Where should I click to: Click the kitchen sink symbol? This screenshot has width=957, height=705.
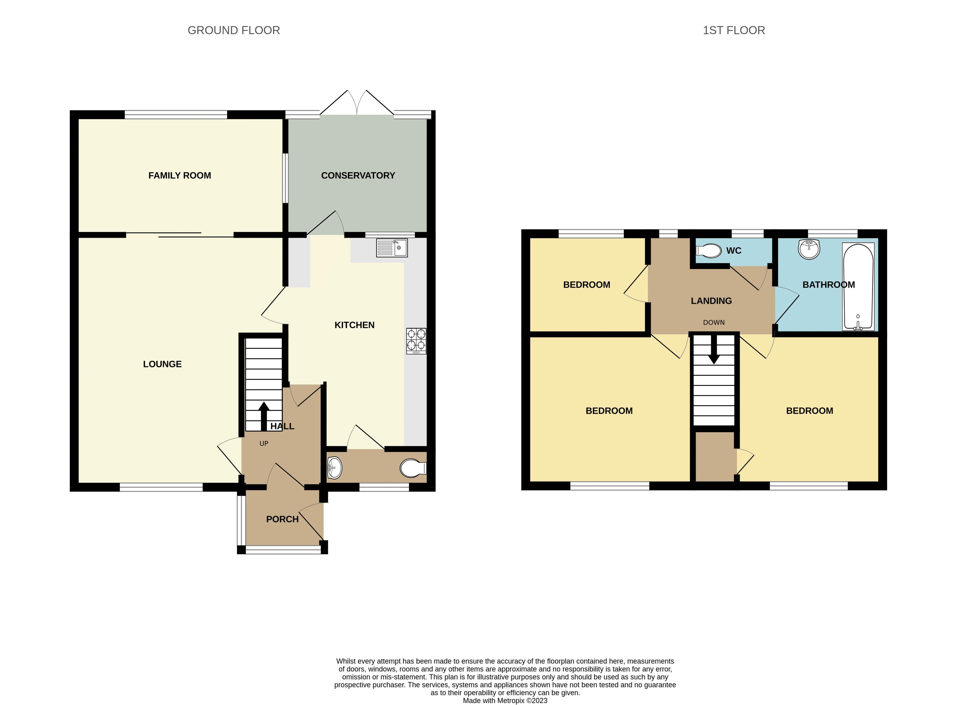pos(392,247)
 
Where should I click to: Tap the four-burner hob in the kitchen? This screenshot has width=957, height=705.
pos(416,340)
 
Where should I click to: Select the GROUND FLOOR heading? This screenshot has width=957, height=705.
pos(234,30)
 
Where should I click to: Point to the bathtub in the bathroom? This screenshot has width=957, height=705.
pos(858,287)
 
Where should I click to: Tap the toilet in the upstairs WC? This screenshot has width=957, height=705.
pos(708,251)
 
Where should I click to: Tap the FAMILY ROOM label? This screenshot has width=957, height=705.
pos(180,175)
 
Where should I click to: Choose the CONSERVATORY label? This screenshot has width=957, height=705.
pos(358,175)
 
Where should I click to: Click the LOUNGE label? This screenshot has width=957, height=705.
pos(162,364)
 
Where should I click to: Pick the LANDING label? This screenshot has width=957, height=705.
pos(711,301)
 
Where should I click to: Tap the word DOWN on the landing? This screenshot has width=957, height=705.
pos(714,323)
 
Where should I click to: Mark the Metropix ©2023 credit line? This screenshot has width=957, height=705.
pos(505,700)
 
